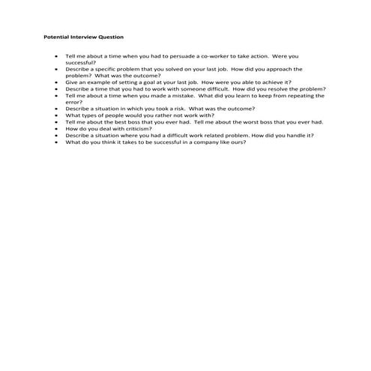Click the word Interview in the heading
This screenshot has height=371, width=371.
click(83, 37)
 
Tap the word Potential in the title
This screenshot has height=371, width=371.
click(57, 37)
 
